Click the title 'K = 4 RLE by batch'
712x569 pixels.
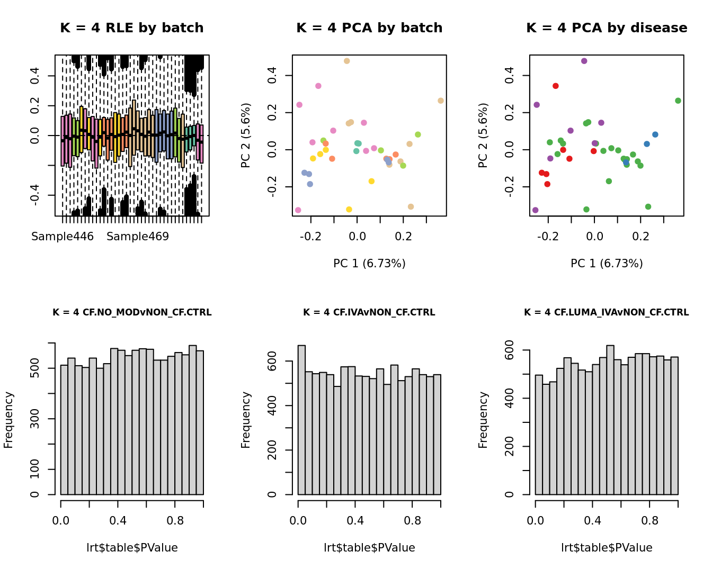coord(132,28)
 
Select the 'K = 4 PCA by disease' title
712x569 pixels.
coord(607,28)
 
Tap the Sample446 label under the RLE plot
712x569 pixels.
coord(63,237)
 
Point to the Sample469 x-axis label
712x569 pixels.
coord(138,237)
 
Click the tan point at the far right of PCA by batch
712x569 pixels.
coord(441,101)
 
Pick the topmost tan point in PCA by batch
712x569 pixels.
coord(347,61)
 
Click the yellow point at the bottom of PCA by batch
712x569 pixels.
coord(349,210)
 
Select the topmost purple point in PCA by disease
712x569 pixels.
coord(584,61)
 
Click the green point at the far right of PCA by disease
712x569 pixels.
coord(678,101)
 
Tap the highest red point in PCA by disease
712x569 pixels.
coord(556,86)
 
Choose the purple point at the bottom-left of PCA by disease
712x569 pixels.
coord(536,210)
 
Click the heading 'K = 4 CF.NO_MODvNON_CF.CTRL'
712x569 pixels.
coord(132,313)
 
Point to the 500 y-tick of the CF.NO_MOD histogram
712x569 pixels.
coord(34,368)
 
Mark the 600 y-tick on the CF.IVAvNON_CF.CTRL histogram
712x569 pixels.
coord(272,361)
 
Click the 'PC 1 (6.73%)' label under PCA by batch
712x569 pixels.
coord(369,263)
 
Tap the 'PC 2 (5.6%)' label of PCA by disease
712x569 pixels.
coord(483,136)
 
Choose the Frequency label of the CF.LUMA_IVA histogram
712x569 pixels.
coord(483,420)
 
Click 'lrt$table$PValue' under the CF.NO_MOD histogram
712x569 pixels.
coord(132,548)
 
